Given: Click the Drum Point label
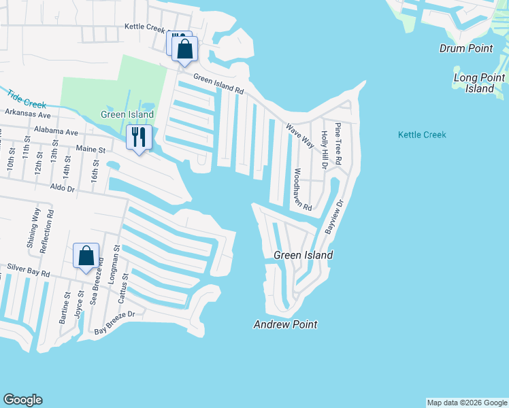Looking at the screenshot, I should pyautogui.click(x=465, y=48).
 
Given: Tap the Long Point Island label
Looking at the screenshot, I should pyautogui.click(x=474, y=83).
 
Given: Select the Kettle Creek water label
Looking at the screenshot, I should pyautogui.click(x=422, y=135).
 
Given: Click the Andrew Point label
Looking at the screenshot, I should pyautogui.click(x=285, y=324).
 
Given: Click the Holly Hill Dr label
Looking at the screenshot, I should pyautogui.click(x=325, y=150).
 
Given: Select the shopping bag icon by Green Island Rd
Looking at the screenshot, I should pyautogui.click(x=184, y=49).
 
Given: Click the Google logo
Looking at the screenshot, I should pyautogui.click(x=22, y=400).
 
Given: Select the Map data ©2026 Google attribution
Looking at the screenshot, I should pyautogui.click(x=467, y=403).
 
